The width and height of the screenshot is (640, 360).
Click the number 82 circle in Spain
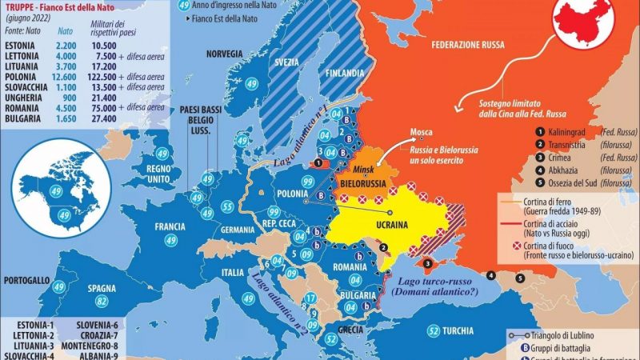(102, 301)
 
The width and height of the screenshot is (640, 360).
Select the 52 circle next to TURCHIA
(433, 330)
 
